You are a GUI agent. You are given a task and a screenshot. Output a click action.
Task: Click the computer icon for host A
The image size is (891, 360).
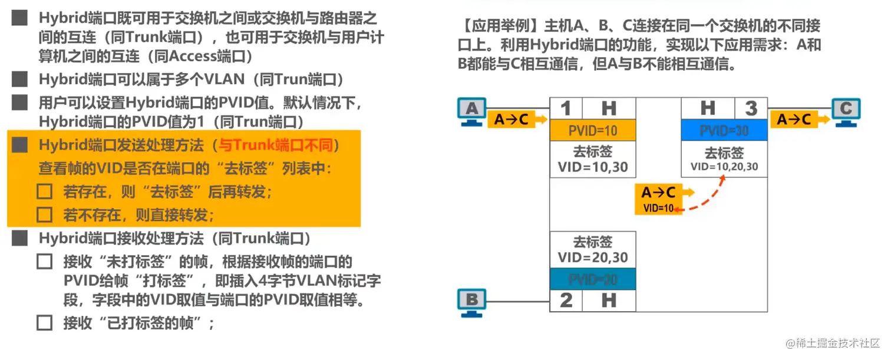pos(472,111)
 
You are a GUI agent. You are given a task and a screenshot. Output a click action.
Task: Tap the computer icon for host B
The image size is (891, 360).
pos(472,301)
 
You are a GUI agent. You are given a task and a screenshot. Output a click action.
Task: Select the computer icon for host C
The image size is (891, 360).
pos(846,111)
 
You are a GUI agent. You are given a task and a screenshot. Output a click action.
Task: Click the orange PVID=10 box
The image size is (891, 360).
pos(592,130)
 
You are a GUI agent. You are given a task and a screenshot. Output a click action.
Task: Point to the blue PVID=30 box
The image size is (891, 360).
pos(724,130)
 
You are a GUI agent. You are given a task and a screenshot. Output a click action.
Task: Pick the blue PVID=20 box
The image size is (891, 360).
pos(592,279)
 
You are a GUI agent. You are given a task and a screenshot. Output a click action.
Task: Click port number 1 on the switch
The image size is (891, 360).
pos(566,108)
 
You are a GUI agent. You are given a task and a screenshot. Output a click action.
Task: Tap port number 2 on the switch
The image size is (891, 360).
pos(566,300)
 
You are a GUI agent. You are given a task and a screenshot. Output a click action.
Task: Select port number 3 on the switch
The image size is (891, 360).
pos(751,108)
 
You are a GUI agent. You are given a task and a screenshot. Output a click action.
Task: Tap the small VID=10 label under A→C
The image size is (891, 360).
pos(658,208)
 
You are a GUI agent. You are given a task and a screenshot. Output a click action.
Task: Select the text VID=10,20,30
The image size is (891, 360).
pos(724,167)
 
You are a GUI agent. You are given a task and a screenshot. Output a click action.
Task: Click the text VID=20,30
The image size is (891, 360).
pos(592,257)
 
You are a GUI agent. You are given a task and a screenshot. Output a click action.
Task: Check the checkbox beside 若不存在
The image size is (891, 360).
pos(45,214)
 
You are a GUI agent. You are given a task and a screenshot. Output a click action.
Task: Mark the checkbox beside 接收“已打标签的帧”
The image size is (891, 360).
pos(45,323)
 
